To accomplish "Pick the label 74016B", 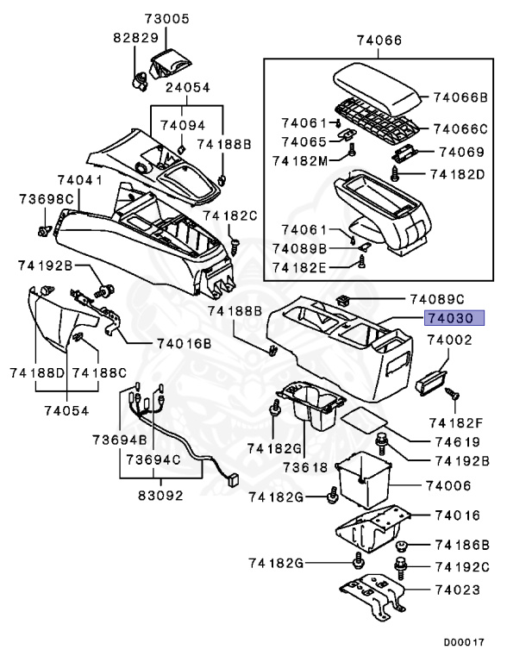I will (x=184, y=343).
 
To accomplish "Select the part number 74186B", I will (x=461, y=546).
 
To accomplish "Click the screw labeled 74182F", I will (x=452, y=396).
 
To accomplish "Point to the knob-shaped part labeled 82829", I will (x=135, y=79).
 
